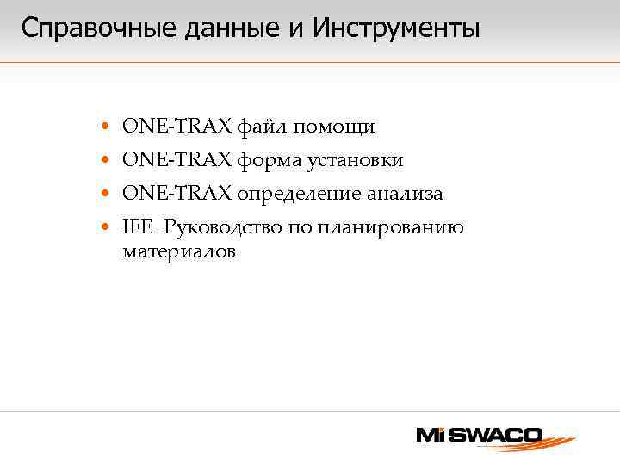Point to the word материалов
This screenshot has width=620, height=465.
click(x=178, y=252)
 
